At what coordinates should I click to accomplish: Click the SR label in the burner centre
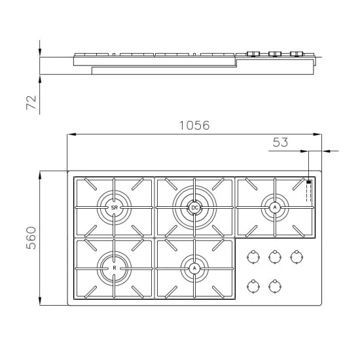pyautogui.click(x=115, y=207)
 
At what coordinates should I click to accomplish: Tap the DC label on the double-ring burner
pyautogui.click(x=194, y=207)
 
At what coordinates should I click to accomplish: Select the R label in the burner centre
pyautogui.click(x=115, y=268)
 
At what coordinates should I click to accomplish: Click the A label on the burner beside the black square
pyautogui.click(x=275, y=207)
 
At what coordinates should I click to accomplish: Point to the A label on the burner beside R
pyautogui.click(x=194, y=268)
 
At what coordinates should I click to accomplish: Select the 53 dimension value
pyautogui.click(x=280, y=142)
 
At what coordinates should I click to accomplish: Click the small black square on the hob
pyautogui.click(x=308, y=183)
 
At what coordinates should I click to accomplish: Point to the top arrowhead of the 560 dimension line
pyautogui.click(x=41, y=175)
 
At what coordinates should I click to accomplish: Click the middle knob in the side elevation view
pyautogui.click(x=275, y=54)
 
